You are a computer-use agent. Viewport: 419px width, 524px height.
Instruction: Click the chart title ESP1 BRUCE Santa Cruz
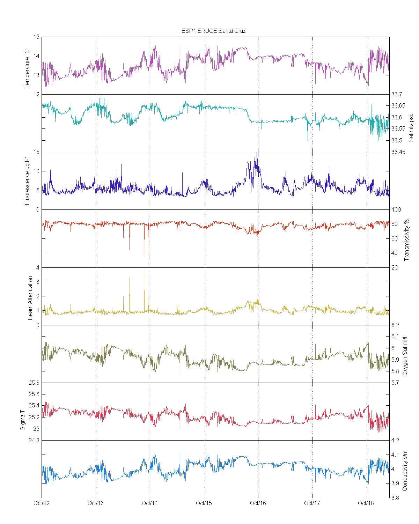(x=213, y=31)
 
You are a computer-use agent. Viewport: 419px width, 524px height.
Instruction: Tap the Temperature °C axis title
(x=27, y=69)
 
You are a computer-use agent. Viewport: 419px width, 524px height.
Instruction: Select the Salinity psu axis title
(x=411, y=127)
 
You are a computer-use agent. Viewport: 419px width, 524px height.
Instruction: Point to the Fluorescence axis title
(x=27, y=180)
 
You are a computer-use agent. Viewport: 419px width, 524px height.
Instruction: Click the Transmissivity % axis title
(x=406, y=240)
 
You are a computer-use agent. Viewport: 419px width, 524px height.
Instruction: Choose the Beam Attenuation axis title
(x=30, y=298)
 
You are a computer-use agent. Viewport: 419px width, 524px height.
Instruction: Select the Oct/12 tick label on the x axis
(x=42, y=503)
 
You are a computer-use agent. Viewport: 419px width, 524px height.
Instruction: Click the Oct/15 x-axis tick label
(x=204, y=503)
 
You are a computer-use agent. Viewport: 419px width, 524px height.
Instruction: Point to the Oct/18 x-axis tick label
(x=366, y=503)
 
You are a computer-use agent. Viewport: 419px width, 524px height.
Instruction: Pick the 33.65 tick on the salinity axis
(x=398, y=106)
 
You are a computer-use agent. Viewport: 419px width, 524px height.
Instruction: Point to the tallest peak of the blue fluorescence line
(x=257, y=153)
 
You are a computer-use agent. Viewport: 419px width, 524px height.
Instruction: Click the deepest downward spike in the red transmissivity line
(x=144, y=254)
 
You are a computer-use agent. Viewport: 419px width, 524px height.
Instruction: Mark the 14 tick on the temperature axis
(x=36, y=56)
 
